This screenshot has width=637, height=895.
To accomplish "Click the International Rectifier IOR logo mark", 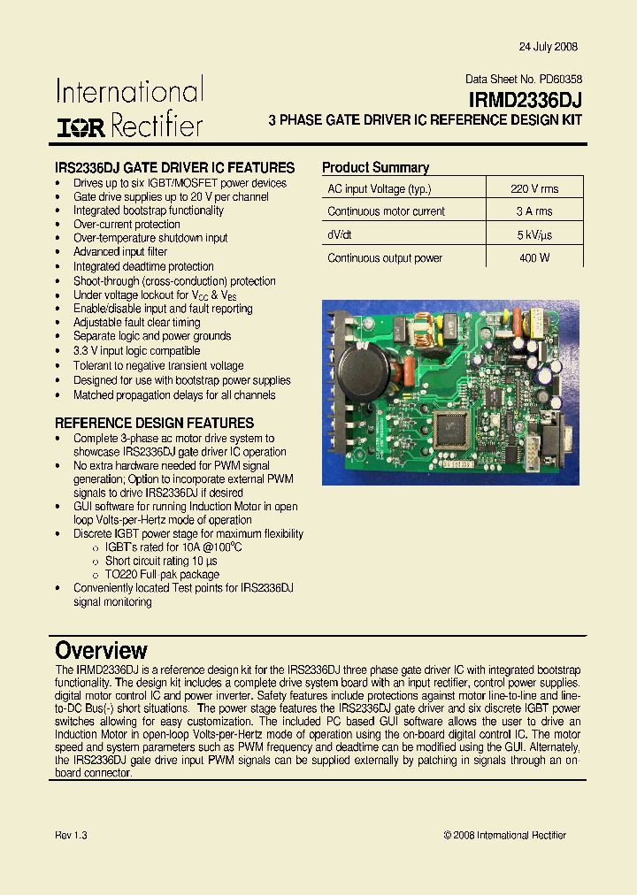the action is [x=81, y=126].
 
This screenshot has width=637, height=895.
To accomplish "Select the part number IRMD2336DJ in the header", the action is [x=525, y=101].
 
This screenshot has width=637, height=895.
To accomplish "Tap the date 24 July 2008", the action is [x=548, y=47].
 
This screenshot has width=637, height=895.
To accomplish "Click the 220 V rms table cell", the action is [x=534, y=188].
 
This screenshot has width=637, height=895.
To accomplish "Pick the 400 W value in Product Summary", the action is [x=534, y=258].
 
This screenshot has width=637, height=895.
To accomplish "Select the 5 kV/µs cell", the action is [x=534, y=235].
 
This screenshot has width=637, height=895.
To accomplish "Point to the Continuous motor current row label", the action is [x=386, y=211].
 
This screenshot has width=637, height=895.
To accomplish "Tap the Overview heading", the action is [x=101, y=651].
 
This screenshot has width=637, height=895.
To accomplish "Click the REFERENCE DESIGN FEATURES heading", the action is [x=154, y=423].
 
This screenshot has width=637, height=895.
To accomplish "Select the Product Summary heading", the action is [x=375, y=167].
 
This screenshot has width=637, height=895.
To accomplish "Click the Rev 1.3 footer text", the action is [x=71, y=835].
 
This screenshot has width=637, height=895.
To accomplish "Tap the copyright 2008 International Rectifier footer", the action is [x=504, y=835].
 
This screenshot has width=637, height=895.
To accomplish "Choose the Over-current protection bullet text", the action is [x=127, y=225].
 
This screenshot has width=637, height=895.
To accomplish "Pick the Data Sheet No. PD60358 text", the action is [x=524, y=80].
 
